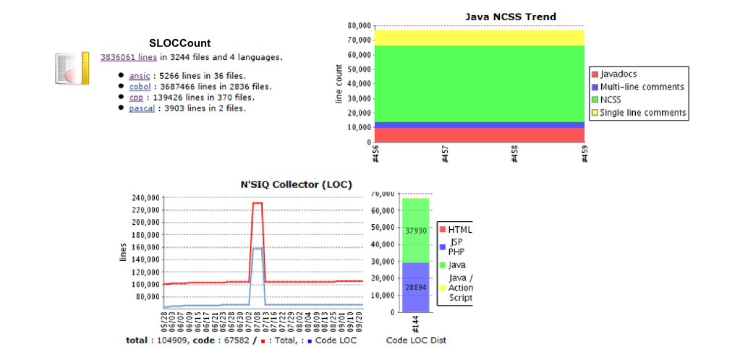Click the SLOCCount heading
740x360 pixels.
pos(180,43)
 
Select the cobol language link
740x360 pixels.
pos(140,86)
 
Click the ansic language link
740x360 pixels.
pos(138,75)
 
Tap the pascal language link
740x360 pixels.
pos(142,108)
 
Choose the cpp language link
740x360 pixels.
pos(135,97)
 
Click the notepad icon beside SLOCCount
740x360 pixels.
pos(72,68)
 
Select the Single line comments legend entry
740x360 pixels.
pos(642,113)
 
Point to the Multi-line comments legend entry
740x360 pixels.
pos(641,87)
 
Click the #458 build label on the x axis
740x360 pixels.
pos(515,154)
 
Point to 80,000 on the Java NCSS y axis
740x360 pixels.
pos(360,25)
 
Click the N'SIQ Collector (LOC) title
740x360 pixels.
pos(296,184)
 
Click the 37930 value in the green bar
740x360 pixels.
pos(416,231)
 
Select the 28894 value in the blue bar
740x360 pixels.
pos(416,288)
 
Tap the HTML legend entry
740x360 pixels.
pos(459,230)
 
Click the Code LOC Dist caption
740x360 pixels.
pos(416,340)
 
